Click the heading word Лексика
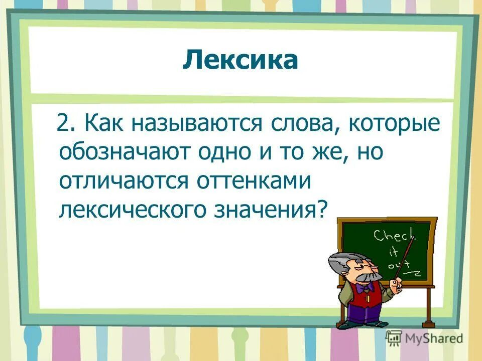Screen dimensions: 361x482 pos(240,61)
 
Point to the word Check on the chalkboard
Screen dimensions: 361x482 pos(393,235)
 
